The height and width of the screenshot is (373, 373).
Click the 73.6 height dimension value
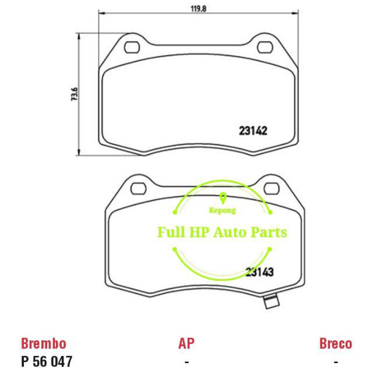click(75, 94)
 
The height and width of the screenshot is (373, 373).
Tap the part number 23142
click(254, 131)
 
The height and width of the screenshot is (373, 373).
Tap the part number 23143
click(260, 271)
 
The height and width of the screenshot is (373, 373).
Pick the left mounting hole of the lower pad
click(139, 188)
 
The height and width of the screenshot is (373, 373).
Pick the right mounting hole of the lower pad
click(270, 188)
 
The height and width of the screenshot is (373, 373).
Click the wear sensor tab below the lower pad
click(270, 302)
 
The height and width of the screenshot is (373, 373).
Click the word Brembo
click(44, 343)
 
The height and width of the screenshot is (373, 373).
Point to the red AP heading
click(186, 343)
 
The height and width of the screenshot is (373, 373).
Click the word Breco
click(335, 343)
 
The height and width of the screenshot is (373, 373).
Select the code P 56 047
click(47, 361)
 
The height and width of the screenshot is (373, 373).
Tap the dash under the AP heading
click(186, 362)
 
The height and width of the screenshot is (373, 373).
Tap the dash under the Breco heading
click(336, 362)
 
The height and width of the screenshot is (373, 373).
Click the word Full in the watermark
click(170, 232)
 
